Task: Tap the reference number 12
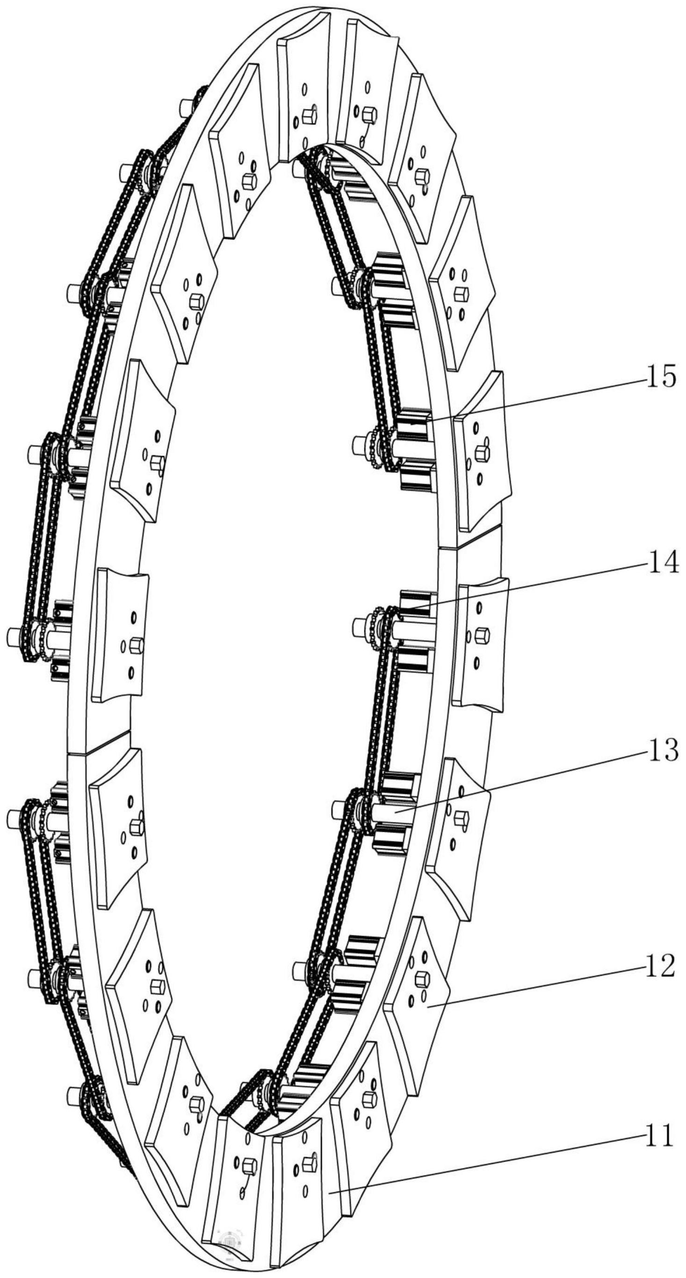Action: (660, 966)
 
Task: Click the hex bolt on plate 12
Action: (422, 979)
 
